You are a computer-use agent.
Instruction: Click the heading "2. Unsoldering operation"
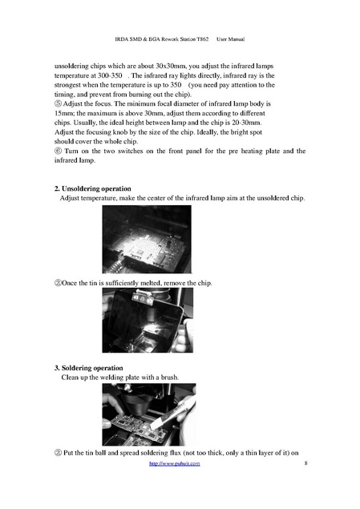(92, 188)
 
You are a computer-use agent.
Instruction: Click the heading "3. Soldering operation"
(89, 368)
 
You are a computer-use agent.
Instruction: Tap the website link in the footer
(174, 463)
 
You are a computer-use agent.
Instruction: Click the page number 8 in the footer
(305, 463)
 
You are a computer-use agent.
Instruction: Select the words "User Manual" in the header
(230, 39)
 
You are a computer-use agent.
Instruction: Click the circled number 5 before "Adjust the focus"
(58, 104)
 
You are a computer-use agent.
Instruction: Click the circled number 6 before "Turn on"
(58, 151)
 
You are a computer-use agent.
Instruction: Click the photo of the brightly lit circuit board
(147, 239)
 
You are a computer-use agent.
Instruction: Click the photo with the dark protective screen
(148, 320)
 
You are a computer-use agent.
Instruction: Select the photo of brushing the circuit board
(149, 414)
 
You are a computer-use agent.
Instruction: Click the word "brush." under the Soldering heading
(170, 378)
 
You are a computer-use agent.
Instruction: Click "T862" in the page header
(203, 39)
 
